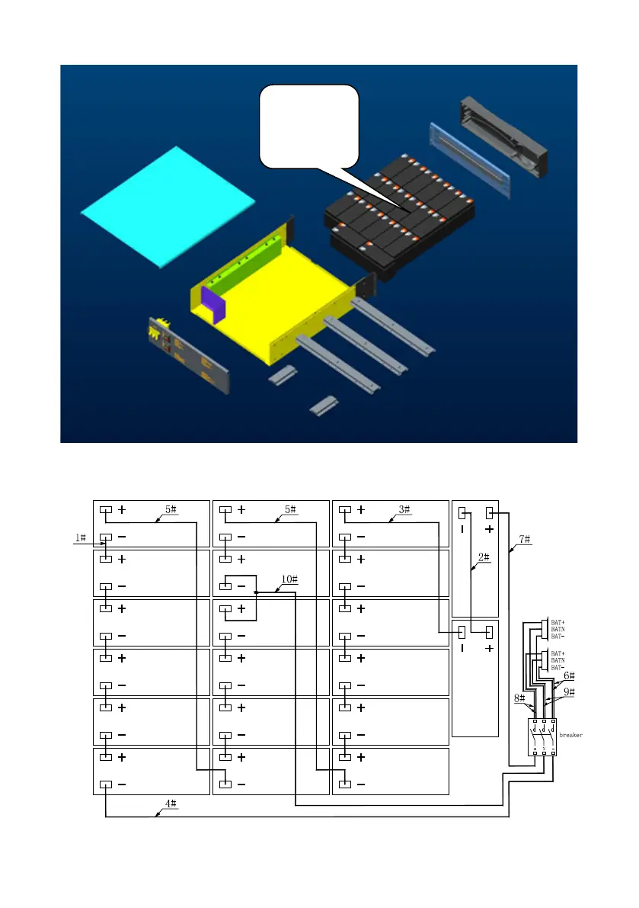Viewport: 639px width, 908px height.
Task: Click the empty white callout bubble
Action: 309,124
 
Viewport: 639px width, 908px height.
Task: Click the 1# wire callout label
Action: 80,538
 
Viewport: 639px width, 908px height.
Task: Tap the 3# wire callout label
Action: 404,509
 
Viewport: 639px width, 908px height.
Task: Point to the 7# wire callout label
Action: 525,539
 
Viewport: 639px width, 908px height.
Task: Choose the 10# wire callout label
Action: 289,579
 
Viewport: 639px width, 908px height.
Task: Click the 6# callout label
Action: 568,675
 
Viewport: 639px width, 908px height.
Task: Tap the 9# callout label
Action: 569,691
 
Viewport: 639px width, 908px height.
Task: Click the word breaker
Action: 571,735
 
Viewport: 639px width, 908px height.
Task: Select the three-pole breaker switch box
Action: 544,737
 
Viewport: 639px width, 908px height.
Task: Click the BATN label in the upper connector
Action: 558,629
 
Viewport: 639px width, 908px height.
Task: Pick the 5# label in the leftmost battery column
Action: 171,509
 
